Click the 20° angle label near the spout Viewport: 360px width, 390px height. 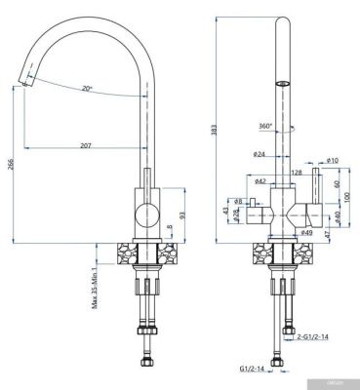88,89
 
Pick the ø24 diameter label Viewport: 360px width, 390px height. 260,155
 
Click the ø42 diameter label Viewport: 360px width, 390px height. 260,181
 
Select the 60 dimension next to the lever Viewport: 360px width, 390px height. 337,182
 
